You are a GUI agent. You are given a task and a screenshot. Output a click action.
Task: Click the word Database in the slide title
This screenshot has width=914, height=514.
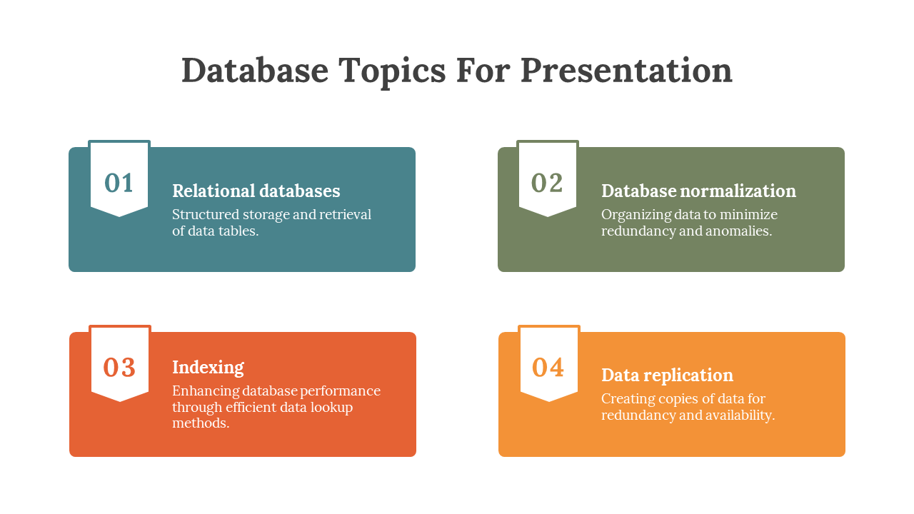point(255,70)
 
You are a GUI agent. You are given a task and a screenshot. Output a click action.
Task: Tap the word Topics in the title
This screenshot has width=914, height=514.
point(392,72)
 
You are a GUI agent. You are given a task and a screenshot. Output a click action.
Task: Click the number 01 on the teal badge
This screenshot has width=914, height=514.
point(119,183)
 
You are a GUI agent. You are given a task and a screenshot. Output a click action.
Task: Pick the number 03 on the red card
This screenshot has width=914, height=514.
point(119,368)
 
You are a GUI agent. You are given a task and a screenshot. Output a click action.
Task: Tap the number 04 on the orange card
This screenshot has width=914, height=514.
point(548,368)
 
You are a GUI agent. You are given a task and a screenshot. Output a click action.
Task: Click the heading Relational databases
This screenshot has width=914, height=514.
point(256,191)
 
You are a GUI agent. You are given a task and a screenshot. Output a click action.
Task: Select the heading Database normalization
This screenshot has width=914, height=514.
point(698,191)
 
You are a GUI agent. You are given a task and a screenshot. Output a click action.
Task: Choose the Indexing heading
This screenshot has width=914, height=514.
point(208,368)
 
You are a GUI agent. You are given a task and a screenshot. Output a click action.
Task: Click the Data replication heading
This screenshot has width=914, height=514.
point(667,376)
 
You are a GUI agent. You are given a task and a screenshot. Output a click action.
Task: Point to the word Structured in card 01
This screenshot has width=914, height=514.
point(206,215)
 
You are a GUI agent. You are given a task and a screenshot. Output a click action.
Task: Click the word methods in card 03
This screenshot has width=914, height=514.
point(201,423)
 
